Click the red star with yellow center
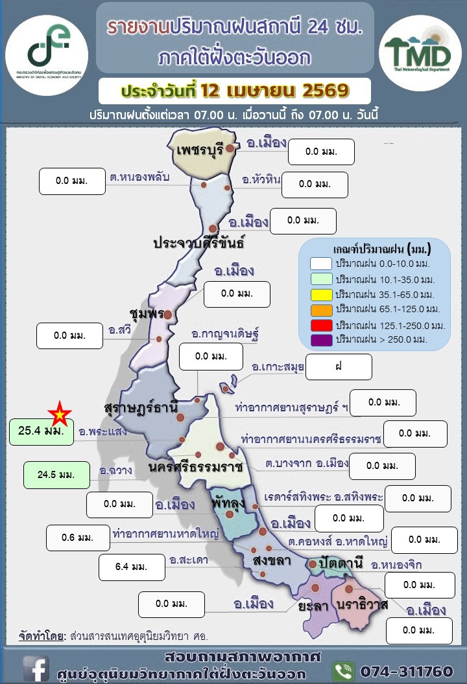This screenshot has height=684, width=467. coord(60,412)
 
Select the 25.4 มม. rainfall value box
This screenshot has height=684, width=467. coord(41,432)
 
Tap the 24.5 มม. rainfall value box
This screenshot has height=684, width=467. coord(56,475)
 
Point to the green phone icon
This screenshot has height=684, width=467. coord(343,670)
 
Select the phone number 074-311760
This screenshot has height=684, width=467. coord(406,670)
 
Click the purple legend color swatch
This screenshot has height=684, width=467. coord(321,339)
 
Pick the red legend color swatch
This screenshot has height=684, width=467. coord(321,325)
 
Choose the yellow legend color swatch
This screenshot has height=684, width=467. coord(321,294)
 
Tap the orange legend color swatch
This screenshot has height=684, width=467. coord(321,308)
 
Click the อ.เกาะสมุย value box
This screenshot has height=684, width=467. coord(339,367)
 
